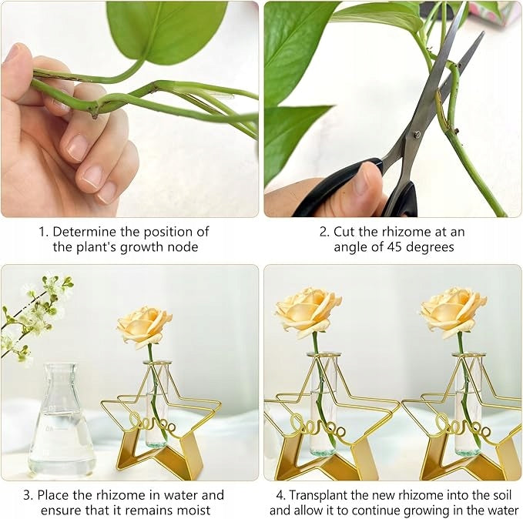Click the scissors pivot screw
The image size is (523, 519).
(416, 135)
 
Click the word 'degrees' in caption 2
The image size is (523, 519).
(431, 248)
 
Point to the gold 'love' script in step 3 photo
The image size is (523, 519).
(152, 424)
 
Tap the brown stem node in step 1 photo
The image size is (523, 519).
(95, 114)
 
